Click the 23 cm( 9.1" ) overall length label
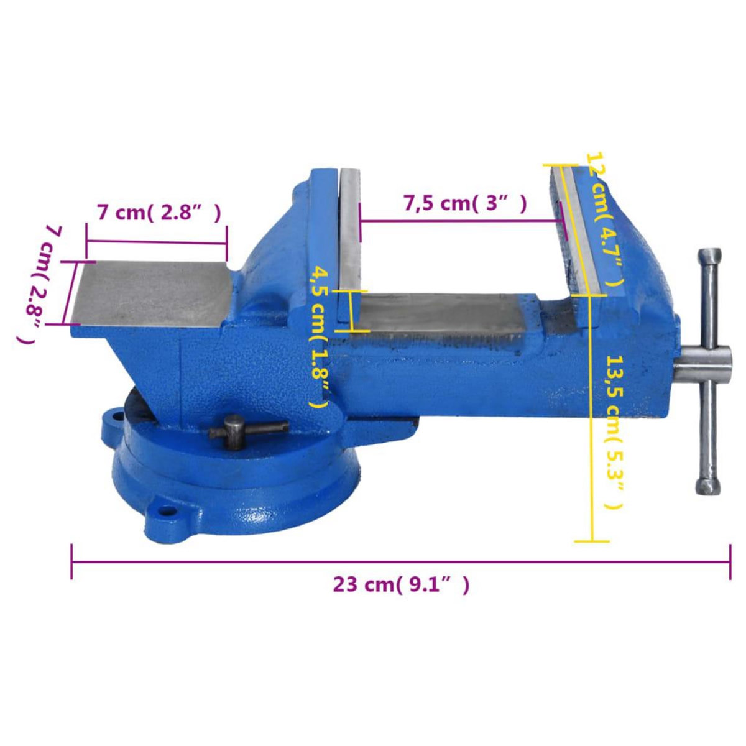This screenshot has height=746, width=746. coord(401,584)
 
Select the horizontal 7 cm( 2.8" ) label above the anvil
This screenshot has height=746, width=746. coord(159,213)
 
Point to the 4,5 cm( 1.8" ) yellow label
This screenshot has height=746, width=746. coord(319,336)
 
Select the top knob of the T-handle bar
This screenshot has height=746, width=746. coord(709,255)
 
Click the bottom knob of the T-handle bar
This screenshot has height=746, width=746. coord(707,486)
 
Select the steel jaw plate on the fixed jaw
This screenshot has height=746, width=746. coord(349,242)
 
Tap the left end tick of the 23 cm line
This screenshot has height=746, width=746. coord(72,561)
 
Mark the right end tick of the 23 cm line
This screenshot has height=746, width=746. coord(730,561)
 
